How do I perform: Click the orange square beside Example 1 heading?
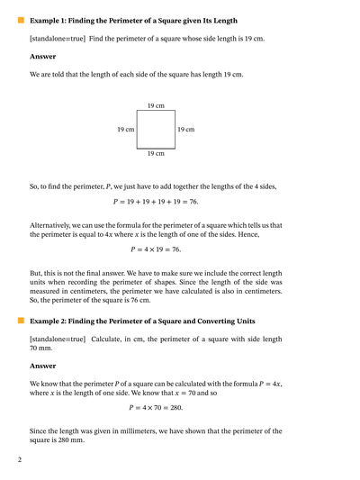[21, 18]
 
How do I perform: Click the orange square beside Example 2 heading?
[21, 321]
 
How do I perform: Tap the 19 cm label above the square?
[155, 106]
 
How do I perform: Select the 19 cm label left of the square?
[126, 130]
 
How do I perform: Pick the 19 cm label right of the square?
[185, 130]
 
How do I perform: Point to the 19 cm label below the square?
[156, 153]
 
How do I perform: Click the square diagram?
[156, 130]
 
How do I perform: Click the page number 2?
[19, 460]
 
